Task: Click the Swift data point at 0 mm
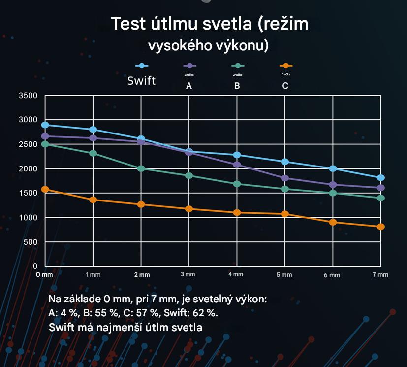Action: click(45, 125)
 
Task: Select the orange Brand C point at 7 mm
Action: click(381, 227)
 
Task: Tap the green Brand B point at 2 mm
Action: click(141, 168)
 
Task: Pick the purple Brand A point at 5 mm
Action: click(285, 178)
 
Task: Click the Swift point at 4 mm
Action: click(237, 155)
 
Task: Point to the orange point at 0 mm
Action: click(45, 189)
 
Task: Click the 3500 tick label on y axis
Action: click(28, 96)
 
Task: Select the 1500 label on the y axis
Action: click(28, 193)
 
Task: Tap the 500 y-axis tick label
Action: click(31, 242)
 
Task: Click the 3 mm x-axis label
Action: click(188, 274)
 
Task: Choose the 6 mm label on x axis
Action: click(332, 275)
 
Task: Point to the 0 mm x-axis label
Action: click(45, 274)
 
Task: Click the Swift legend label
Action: click(141, 80)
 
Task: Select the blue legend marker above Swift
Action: click(142, 66)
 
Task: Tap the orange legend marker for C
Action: click(285, 66)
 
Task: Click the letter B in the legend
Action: click(237, 86)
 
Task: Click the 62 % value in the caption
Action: click(206, 313)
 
